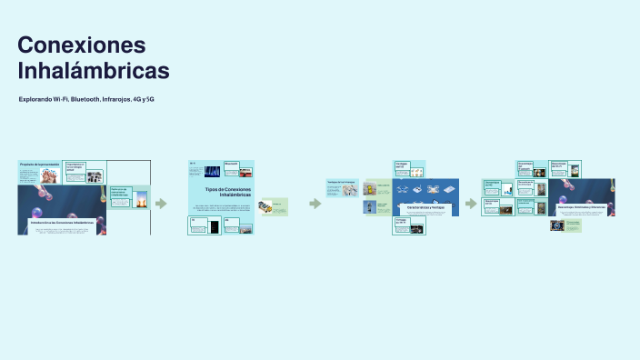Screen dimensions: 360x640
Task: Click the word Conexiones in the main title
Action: click(82, 45)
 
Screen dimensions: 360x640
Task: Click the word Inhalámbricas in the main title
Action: click(94, 71)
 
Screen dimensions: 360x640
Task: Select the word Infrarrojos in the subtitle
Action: click(116, 98)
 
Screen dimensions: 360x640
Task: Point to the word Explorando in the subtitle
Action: click(35, 98)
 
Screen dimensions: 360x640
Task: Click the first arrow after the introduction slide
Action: click(161, 204)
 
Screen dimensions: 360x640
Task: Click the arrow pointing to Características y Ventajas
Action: click(315, 204)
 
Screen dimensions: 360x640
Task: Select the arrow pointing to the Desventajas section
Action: click(470, 204)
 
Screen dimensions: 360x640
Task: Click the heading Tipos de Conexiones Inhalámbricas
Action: click(223, 192)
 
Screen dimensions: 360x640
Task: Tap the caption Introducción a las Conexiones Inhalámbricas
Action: click(62, 222)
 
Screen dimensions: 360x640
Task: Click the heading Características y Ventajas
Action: click(425, 207)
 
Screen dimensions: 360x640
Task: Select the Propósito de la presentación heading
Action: click(40, 165)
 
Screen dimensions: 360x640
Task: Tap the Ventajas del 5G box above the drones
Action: click(408, 168)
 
